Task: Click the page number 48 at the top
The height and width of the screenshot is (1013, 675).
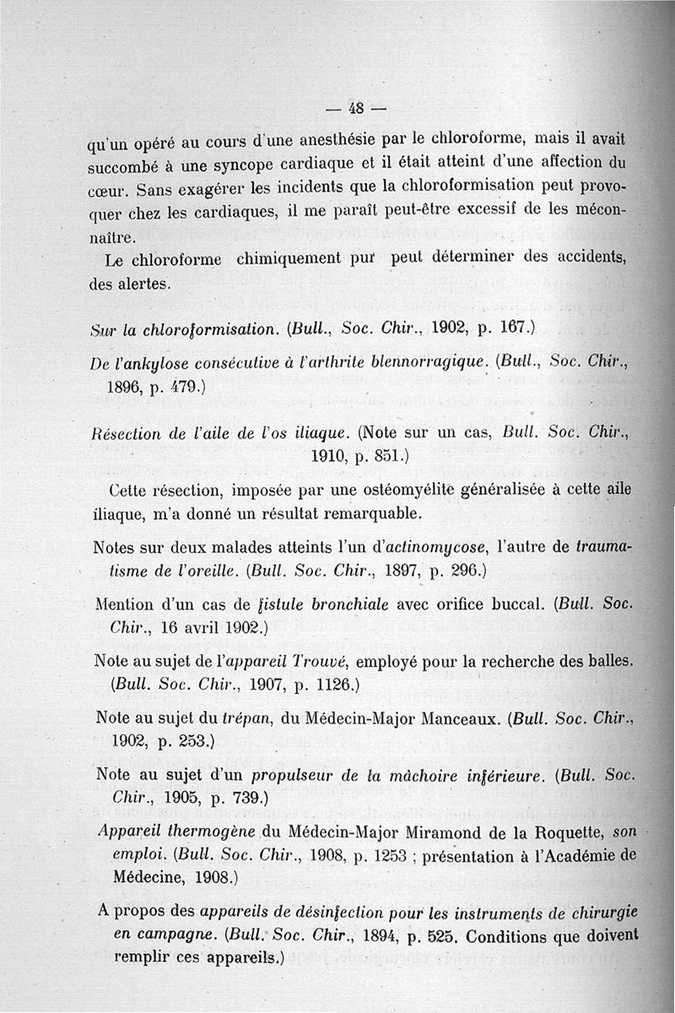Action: tap(354, 107)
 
